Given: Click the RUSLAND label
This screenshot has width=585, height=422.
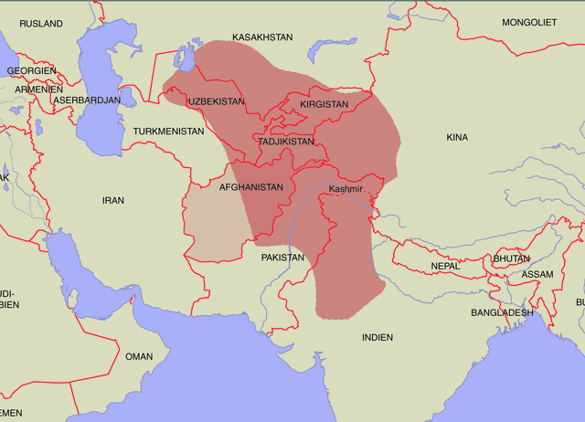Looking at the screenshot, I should pyautogui.click(x=41, y=23).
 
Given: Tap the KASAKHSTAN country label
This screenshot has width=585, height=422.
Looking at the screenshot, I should pyautogui.click(x=262, y=37).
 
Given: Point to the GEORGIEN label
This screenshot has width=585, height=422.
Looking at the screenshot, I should pyautogui.click(x=31, y=70).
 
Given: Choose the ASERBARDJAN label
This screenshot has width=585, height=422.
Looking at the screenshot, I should pyautogui.click(x=86, y=100).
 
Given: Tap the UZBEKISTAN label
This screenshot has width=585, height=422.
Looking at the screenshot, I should pyautogui.click(x=217, y=101).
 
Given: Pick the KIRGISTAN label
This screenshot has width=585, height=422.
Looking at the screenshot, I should pyautogui.click(x=324, y=105).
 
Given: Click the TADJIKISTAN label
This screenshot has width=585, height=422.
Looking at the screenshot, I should pyautogui.click(x=286, y=142).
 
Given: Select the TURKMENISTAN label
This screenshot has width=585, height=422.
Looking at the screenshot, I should pyautogui.click(x=168, y=132).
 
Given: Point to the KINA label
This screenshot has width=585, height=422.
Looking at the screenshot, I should pyautogui.click(x=457, y=137).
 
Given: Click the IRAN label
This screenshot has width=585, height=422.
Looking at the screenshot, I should pyautogui.click(x=112, y=199).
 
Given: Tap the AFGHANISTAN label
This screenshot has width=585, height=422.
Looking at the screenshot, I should pyautogui.click(x=251, y=186).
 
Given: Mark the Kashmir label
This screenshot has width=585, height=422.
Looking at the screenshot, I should pyautogui.click(x=346, y=189).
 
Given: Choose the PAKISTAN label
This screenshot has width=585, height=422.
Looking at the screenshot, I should pyautogui.click(x=282, y=258).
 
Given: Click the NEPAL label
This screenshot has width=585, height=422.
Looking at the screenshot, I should pyautogui.click(x=446, y=266).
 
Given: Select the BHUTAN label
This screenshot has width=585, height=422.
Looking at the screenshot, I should pyautogui.click(x=511, y=259).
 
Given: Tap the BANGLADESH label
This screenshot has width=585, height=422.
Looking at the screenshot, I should pyautogui.click(x=503, y=312).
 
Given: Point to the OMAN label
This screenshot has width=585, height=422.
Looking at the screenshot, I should pyautogui.click(x=139, y=356).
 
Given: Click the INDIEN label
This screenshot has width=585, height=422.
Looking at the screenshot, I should pyautogui.click(x=378, y=337).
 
